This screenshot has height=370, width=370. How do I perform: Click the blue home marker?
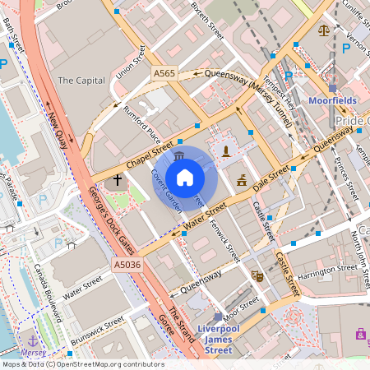click(x=185, y=178)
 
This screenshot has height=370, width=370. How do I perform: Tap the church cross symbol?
click(x=118, y=179)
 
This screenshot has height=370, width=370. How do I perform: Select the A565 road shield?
click(x=164, y=74)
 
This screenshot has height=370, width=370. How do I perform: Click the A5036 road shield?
click(x=127, y=265)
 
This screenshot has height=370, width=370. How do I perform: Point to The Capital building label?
click(x=81, y=81)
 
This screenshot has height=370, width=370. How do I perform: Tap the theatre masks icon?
click(x=256, y=276)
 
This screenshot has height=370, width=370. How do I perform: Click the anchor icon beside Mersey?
click(x=33, y=340)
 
